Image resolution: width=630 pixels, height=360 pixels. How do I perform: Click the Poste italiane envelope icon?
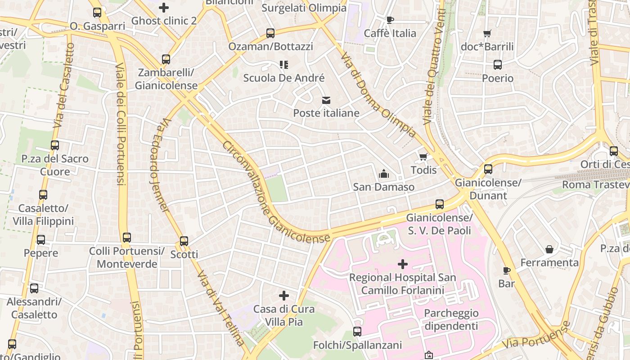click(326, 100)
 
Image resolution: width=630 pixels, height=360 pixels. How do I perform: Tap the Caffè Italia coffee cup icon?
click(390, 20)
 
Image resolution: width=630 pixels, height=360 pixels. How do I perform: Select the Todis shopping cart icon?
click(423, 157)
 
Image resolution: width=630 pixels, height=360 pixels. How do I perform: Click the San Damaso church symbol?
click(384, 174)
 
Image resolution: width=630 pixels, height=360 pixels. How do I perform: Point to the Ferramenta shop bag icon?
click(549, 249)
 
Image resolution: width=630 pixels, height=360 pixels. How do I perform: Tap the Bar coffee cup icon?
click(507, 270)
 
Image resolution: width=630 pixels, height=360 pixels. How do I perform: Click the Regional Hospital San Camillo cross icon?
click(403, 264)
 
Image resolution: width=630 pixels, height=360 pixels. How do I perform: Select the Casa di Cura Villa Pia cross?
click(284, 296)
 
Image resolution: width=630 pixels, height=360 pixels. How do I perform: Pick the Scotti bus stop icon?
click(184, 241)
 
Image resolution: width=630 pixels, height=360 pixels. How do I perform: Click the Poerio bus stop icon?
click(498, 65)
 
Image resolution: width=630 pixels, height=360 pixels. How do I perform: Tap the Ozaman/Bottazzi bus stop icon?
click(270, 33)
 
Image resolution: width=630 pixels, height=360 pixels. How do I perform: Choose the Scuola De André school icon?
click(284, 65)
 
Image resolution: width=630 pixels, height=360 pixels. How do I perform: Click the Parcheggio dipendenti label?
click(451, 319)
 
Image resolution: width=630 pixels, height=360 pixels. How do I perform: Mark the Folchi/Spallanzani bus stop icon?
click(357, 332)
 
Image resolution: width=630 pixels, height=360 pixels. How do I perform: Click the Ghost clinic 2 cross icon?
click(164, 8)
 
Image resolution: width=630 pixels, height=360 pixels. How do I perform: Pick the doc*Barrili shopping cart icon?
click(487, 33)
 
